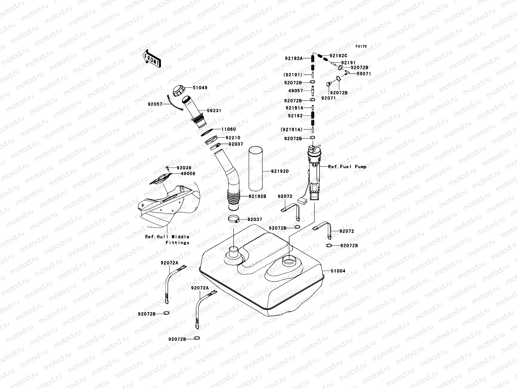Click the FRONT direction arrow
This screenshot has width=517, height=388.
click(152, 59)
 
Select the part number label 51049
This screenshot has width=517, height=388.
click(200, 88)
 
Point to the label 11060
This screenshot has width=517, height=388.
click(228, 129)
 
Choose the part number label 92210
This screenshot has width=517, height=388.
click(233, 138)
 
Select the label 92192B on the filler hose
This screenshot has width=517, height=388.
click(257, 196)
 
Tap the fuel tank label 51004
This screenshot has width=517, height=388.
click(338, 271)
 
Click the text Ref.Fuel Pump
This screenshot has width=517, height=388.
click(347, 167)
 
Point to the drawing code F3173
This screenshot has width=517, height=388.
click(361, 47)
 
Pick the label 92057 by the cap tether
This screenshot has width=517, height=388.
click(155, 104)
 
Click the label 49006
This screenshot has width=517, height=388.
click(188, 174)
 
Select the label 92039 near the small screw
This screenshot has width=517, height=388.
click(184, 168)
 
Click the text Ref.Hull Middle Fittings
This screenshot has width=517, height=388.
click(167, 240)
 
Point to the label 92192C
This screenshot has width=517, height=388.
click(338, 55)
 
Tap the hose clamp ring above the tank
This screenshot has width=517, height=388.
click(235, 220)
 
